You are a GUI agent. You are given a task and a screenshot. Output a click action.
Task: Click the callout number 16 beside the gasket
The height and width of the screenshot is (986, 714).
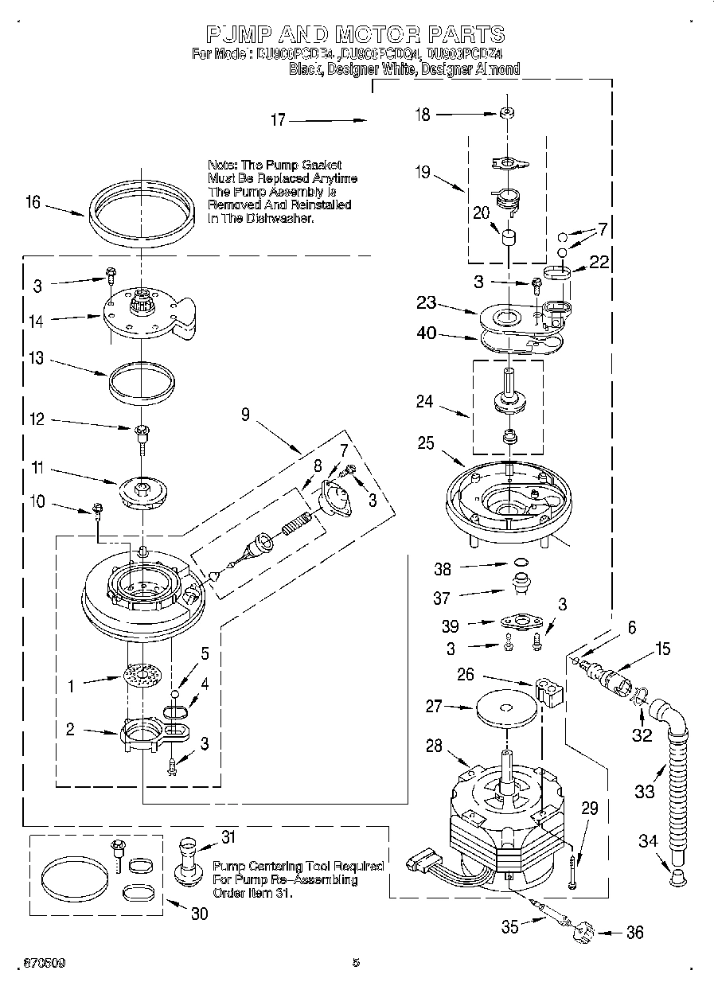click(x=32, y=203)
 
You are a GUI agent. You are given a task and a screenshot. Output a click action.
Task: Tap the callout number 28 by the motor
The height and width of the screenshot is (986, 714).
click(x=433, y=746)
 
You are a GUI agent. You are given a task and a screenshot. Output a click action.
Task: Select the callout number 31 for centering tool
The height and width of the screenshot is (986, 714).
click(x=228, y=836)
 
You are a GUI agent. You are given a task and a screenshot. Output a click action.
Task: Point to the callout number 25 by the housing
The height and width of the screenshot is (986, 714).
click(x=426, y=442)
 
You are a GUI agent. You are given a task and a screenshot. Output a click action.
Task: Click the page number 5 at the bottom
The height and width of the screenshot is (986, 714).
click(x=356, y=963)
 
